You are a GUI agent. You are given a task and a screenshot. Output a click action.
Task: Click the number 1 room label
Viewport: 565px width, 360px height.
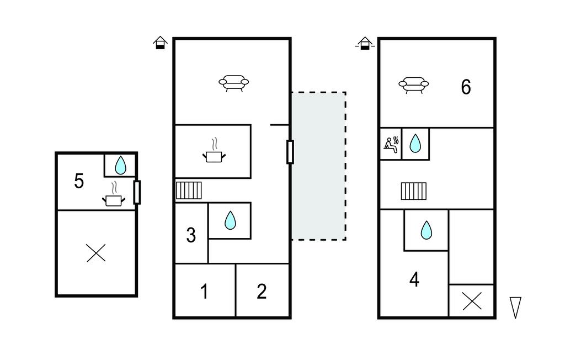pos(204,292)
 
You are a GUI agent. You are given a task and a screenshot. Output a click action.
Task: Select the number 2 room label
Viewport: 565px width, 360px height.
pos(262,292)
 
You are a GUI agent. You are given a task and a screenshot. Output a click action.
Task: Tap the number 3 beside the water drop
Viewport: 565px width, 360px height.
pos(191,236)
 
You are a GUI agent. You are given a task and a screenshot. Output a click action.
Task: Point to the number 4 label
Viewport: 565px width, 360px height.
pos(414,280)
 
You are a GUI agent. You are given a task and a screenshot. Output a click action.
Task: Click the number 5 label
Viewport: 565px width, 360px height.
pos(79,181)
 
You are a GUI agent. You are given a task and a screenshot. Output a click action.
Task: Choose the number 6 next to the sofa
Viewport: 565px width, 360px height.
pos(466,87)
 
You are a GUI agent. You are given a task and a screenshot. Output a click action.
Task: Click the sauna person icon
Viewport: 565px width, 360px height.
pos(390,145)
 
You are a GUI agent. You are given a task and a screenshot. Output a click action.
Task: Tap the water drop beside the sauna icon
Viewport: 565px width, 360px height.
pos(415,144)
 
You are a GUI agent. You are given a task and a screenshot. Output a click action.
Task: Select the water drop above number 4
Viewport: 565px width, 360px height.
pos(426,230)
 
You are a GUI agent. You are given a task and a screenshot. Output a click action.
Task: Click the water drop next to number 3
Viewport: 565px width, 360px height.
pos(230,221)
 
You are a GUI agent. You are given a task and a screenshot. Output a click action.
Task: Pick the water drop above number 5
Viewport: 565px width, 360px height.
pos(120,165)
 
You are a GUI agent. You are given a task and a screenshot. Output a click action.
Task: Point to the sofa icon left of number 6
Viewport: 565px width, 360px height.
pos(413,84)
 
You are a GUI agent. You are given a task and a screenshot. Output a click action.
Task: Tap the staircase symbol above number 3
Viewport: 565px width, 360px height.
pos(189,190)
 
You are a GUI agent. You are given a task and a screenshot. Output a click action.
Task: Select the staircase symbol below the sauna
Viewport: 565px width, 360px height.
pos(414,191)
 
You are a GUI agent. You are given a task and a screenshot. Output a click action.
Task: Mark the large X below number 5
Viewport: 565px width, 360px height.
pos(97,253)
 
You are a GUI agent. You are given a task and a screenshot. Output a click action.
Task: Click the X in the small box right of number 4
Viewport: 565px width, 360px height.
pos(471,301)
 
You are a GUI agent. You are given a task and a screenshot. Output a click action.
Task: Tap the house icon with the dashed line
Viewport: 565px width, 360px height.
pos(364,43)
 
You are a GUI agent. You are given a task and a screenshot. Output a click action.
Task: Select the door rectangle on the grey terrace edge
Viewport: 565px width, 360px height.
pos(290,152)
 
